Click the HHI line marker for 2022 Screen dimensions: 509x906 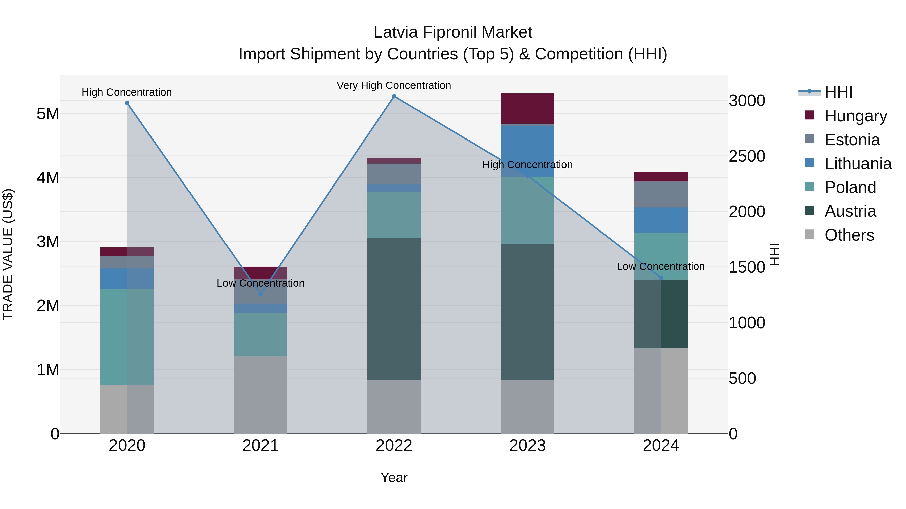tap(394, 96)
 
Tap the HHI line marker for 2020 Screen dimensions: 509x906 tap(127, 103)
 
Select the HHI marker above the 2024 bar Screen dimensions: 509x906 tap(661, 278)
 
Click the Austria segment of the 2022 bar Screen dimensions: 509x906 tap(394, 309)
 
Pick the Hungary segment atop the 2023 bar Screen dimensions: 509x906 tap(527, 108)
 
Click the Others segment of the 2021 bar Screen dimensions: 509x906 tap(261, 395)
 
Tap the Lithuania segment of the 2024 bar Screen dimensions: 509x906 tap(661, 220)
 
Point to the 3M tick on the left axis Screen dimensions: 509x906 tap(48, 242)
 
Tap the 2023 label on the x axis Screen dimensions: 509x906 tap(527, 446)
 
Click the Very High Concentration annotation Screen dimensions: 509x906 tap(394, 85)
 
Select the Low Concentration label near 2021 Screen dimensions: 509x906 tap(261, 283)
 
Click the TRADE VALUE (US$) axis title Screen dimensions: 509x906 tap(8, 254)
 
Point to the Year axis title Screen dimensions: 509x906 tap(394, 477)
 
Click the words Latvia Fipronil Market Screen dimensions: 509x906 tap(453, 32)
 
